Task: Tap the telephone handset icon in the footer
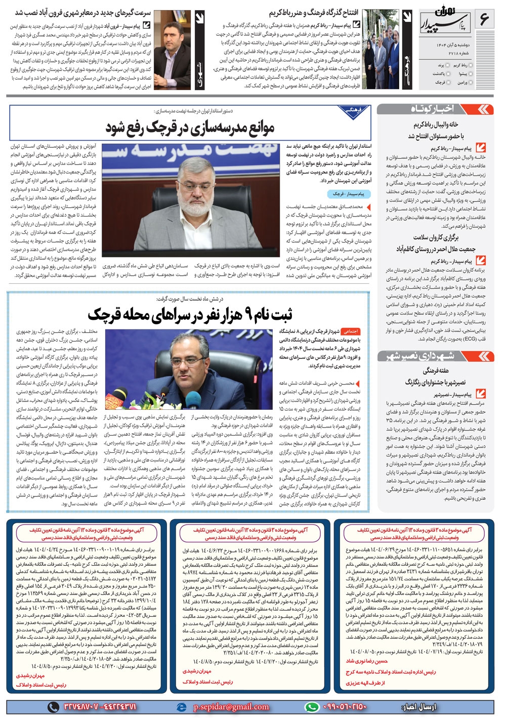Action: pyautogui.click(x=53, y=707)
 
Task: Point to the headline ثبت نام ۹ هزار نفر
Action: pyautogui.click(x=190, y=315)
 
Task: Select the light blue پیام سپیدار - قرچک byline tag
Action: pyautogui.click(x=348, y=194)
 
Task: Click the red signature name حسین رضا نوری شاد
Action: pyautogui.click(x=366, y=661)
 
